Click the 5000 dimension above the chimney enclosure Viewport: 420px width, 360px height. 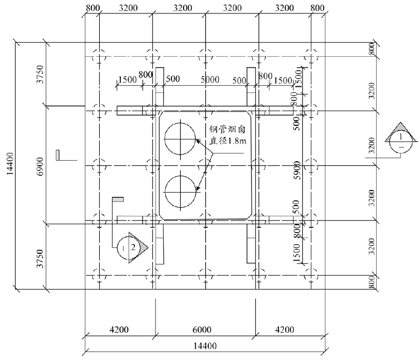click(210, 80)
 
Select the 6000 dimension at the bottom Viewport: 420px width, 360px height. click(202, 330)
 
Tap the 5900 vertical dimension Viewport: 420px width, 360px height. click(297, 170)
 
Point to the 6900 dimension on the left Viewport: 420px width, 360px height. click(40, 166)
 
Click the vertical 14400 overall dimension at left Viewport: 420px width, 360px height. click(10, 164)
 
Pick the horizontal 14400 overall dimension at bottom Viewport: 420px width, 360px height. click(205, 346)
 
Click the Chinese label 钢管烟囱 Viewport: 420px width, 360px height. click(227, 130)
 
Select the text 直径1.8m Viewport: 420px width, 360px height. click(227, 140)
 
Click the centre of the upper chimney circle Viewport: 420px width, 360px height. click(180, 139)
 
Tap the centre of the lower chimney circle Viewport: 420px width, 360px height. click(180, 192)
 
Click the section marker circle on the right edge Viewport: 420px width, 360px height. click(401, 142)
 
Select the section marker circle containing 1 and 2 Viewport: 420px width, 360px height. click(129, 248)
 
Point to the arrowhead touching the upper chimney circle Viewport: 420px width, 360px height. click(198, 140)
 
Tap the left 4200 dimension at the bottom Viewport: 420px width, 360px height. click(119, 330)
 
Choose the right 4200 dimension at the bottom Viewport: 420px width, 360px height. click(285, 330)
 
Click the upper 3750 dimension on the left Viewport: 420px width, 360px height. click(40, 74)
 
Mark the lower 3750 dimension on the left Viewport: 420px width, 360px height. click(40, 258)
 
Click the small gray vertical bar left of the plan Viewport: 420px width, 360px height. click(57, 155)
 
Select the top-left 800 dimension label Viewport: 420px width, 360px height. click(92, 8)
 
